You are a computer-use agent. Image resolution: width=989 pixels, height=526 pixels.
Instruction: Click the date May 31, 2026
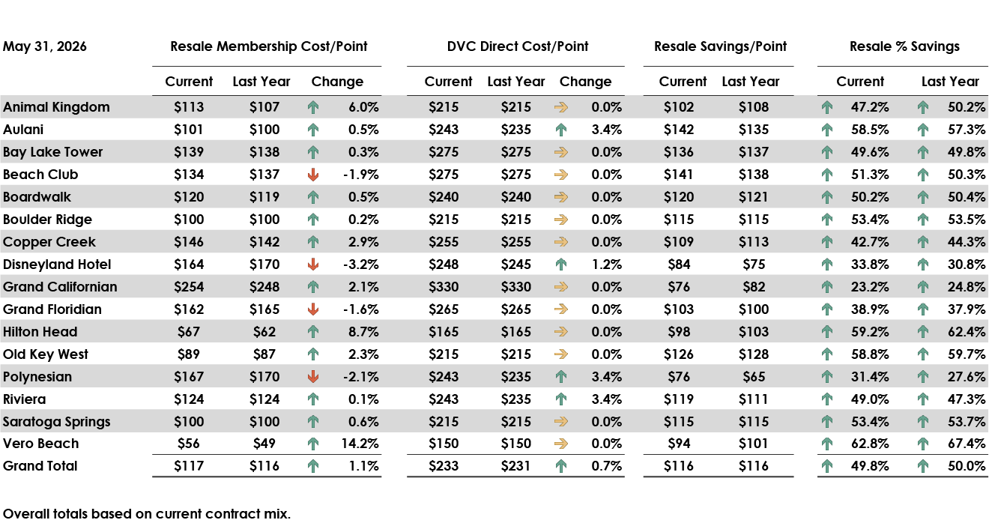(45, 46)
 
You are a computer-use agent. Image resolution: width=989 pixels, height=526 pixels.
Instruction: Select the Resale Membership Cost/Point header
(269, 46)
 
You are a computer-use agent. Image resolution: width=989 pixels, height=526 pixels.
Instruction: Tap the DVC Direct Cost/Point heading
(518, 46)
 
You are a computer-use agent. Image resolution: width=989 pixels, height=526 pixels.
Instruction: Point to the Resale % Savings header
(904, 46)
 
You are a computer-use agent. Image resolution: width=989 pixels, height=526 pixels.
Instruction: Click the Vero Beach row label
(40, 444)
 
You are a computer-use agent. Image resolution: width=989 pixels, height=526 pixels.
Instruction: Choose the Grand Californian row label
(60, 287)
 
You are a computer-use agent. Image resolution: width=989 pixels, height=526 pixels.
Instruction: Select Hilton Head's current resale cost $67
(189, 332)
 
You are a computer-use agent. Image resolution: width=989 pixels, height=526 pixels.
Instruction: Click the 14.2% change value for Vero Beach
(360, 444)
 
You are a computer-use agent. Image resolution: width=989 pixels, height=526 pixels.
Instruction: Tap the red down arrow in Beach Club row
(313, 175)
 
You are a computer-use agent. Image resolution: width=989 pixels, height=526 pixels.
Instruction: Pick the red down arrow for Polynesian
(313, 377)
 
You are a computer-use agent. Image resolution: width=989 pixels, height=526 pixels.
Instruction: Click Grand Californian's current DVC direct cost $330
(444, 287)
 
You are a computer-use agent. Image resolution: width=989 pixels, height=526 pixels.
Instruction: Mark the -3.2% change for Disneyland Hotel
(360, 264)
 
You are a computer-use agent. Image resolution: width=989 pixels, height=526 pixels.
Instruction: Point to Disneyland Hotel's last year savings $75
(754, 264)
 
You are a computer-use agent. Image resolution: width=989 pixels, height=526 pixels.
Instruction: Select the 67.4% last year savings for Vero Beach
(967, 444)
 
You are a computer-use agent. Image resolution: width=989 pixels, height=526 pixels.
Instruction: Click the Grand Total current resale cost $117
(189, 466)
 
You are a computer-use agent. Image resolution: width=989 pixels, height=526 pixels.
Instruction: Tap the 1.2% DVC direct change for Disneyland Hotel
(607, 264)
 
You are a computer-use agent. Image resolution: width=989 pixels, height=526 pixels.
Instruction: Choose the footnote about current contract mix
(147, 513)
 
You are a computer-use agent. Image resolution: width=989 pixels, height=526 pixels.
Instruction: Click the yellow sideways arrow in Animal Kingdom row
(560, 107)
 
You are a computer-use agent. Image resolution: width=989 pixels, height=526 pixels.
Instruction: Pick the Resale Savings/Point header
(720, 46)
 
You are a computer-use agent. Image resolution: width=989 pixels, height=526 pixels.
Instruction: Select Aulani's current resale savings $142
(679, 130)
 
